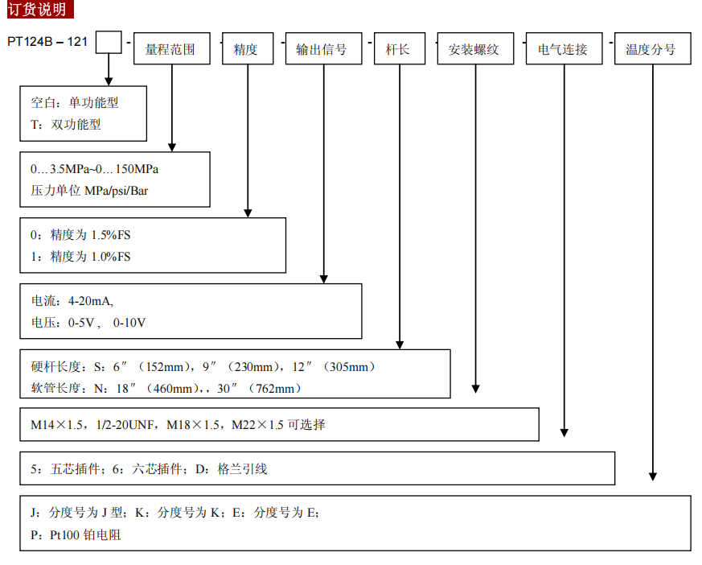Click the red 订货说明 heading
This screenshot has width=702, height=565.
[38, 9]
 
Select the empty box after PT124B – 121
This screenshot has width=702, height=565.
[109, 42]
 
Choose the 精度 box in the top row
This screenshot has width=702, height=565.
[246, 49]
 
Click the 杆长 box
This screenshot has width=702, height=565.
[398, 49]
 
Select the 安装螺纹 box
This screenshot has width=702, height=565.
[474, 49]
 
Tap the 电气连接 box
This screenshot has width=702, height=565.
[563, 49]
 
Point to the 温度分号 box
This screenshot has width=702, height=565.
[651, 49]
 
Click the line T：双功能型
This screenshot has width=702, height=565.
[66, 124]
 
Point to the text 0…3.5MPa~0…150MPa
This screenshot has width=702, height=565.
[95, 169]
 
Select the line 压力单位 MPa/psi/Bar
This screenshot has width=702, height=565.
[89, 192]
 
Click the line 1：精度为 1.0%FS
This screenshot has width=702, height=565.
[80, 257]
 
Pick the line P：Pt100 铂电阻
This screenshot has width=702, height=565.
[76, 534]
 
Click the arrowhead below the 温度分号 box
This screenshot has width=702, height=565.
[653, 476]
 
